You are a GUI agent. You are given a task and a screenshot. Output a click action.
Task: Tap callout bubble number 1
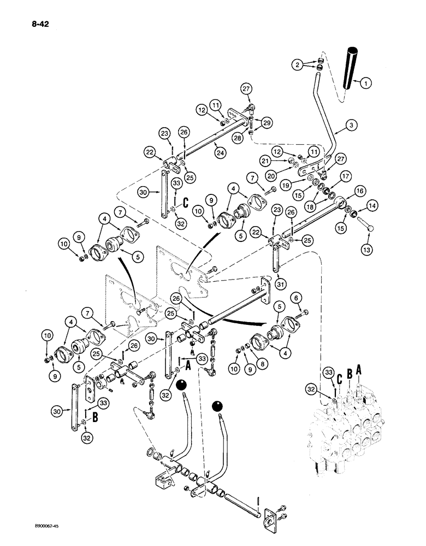(365, 82)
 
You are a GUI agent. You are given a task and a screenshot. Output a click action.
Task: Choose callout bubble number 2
(297, 65)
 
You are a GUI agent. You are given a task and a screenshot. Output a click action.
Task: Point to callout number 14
(371, 206)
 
